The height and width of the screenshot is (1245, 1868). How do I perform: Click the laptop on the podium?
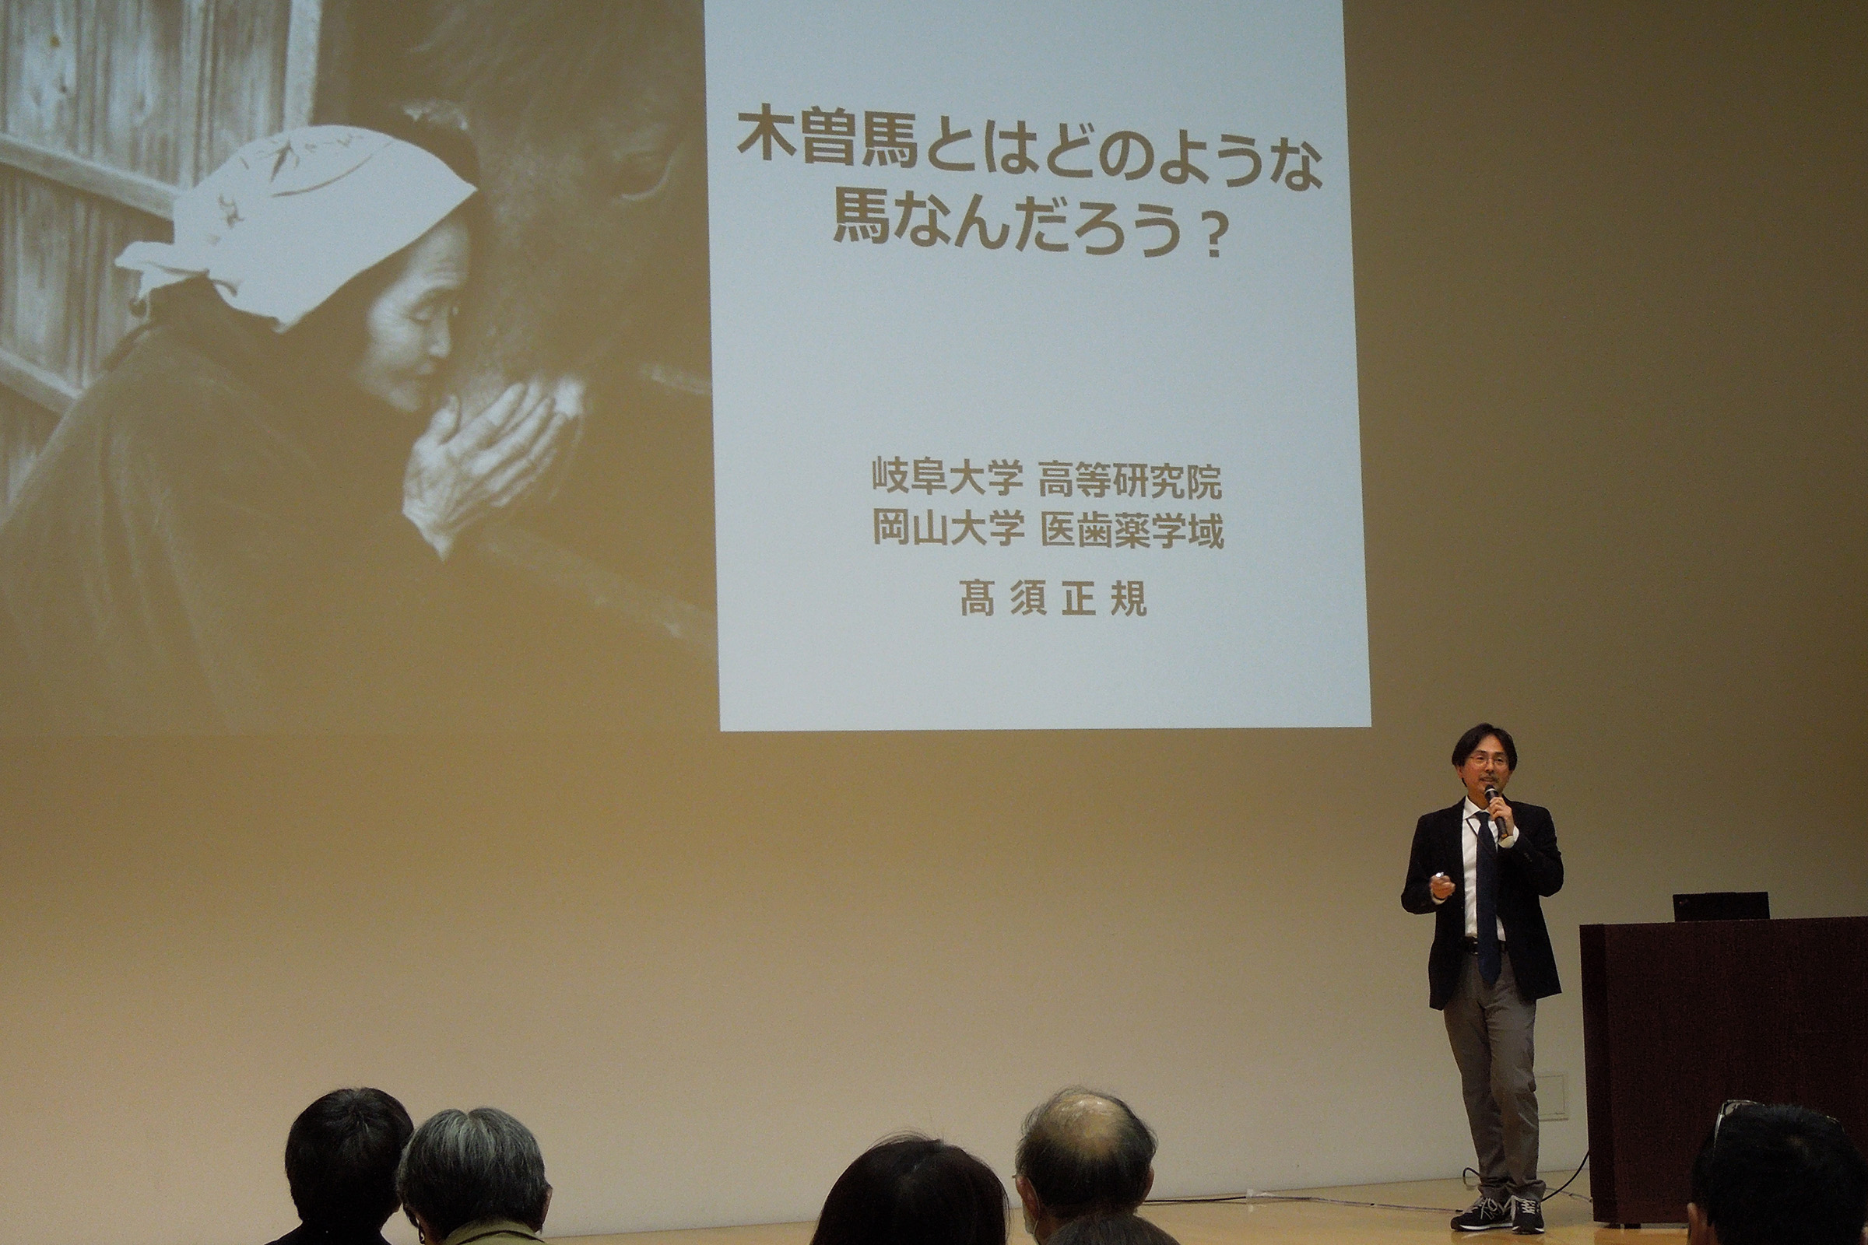coord(1720,906)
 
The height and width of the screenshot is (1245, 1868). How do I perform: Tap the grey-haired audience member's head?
coord(474,1176)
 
